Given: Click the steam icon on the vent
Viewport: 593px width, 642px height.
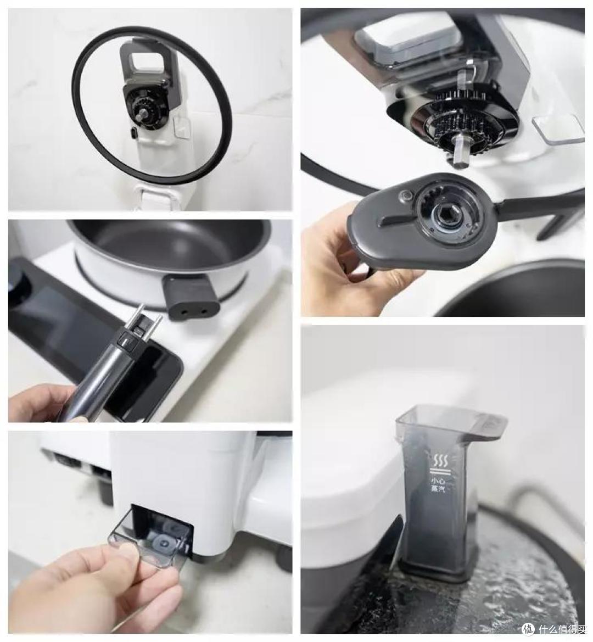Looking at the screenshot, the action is click(439, 462).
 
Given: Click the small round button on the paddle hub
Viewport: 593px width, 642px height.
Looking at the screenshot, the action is click(405, 197).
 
